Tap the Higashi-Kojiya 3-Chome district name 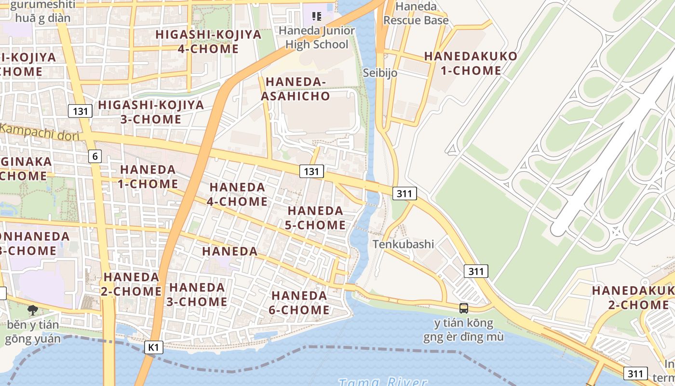(x=151, y=112)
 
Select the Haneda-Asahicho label (x=296, y=89)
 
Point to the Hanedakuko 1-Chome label (x=471, y=63)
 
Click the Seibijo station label (x=380, y=73)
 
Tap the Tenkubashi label (x=403, y=244)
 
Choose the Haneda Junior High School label (x=317, y=38)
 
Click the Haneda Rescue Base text (x=416, y=14)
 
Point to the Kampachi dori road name (x=40, y=132)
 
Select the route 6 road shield (x=95, y=156)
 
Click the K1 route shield (x=154, y=347)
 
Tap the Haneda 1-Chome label (x=148, y=177)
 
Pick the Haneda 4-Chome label (x=237, y=194)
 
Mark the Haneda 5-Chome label (x=316, y=218)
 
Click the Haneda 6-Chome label (x=299, y=303)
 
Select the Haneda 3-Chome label (x=198, y=294)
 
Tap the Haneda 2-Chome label (x=131, y=284)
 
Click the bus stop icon (x=464, y=308)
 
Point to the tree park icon (x=33, y=310)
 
